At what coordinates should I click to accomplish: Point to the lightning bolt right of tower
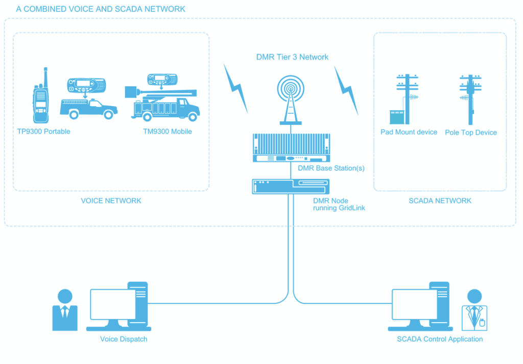pos(346,88)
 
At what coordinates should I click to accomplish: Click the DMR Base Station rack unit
pos(292,147)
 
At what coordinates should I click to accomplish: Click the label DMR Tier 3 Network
pos(292,57)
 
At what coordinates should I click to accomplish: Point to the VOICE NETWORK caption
pos(111,201)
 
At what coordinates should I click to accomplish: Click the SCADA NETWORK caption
pos(440,201)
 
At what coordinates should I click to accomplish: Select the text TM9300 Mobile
pos(168,132)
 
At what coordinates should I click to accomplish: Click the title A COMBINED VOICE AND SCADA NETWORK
pos(101,9)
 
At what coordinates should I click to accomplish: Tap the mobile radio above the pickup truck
pos(86,84)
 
